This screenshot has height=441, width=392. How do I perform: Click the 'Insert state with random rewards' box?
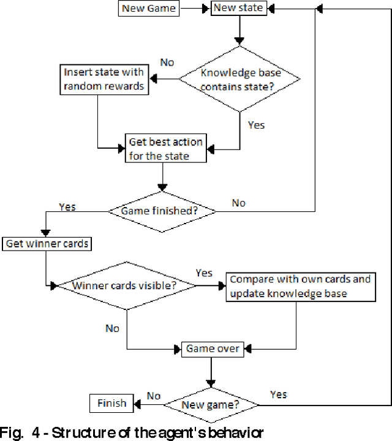[104, 79]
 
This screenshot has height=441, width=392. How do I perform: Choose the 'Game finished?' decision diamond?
[162, 211]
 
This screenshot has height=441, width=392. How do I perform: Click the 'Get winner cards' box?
[47, 244]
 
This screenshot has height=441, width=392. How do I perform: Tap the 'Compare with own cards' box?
[300, 286]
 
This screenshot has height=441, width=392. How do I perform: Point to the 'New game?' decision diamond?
[212, 404]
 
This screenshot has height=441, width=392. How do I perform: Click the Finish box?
[111, 403]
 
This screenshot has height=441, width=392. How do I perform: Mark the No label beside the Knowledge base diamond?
[167, 62]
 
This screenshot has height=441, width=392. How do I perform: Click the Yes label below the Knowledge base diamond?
[256, 124]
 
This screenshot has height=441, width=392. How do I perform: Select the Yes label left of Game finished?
[67, 207]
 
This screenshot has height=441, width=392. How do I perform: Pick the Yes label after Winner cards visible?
[204, 272]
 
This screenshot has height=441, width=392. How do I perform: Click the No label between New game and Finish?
[154, 396]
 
